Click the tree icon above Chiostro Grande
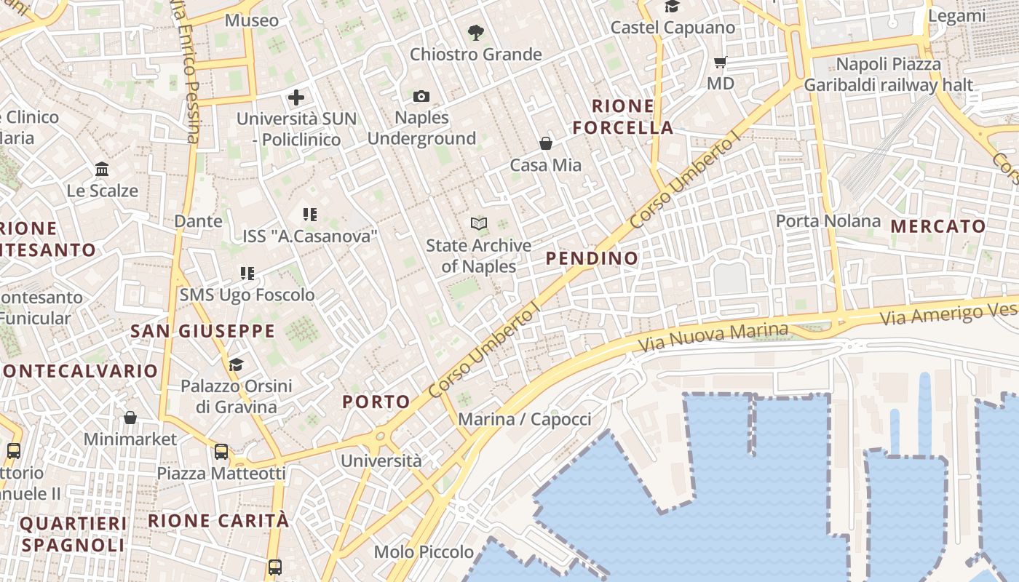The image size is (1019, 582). coord(476,32)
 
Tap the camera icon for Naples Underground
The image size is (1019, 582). coord(421,96)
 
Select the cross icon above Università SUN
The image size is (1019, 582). coord(296,97)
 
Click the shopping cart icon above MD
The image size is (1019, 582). coord(721,63)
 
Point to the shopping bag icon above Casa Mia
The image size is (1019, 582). coord(546,143)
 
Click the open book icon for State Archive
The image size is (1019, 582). coord(478,223)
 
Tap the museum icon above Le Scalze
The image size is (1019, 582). coord(102,170)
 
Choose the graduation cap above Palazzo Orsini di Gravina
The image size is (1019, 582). coord(236,364)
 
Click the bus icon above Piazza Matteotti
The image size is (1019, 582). coord(221,452)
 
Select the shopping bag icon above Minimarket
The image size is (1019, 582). coord(130,418)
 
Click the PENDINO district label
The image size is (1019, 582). coord(592,258)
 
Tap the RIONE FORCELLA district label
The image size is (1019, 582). coord(622,117)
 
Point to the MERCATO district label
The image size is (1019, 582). coord(938,226)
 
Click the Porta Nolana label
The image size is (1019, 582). coord(828,220)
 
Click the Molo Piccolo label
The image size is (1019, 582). coord(424,552)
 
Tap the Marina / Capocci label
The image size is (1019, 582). coord(524,419)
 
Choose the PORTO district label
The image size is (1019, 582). coord(376,402)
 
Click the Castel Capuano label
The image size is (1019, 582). coord(673,28)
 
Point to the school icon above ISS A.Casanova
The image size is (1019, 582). coord(310,215)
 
